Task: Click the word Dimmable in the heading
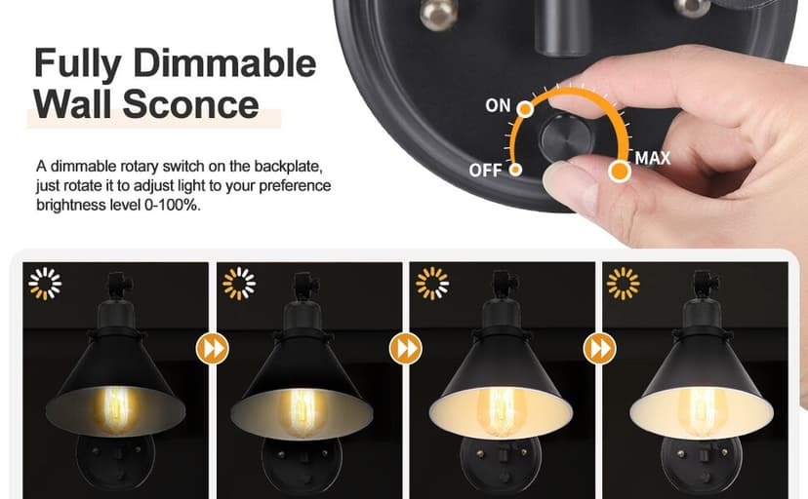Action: tap(223, 64)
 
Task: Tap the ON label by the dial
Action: tap(498, 105)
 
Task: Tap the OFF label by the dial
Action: tap(485, 171)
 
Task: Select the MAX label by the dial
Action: tap(653, 158)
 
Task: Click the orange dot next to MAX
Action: tap(618, 173)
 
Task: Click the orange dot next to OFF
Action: tap(515, 170)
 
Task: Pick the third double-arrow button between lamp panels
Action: tap(598, 348)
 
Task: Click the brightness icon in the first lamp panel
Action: tap(45, 284)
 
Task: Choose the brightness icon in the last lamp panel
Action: tap(624, 284)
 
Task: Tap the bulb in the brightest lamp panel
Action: tap(700, 409)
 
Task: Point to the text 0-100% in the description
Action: tap(177, 206)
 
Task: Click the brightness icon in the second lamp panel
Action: tap(239, 284)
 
